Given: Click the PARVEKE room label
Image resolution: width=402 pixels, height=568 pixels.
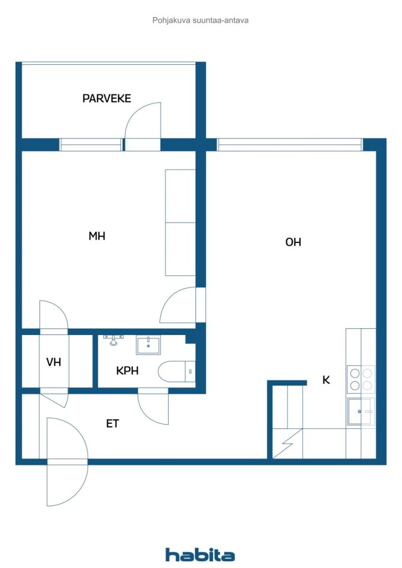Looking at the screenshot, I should [x=107, y=99].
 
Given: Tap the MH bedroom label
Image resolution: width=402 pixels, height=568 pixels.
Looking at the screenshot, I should [x=97, y=236].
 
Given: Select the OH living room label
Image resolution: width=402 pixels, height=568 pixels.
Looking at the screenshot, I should [x=293, y=242].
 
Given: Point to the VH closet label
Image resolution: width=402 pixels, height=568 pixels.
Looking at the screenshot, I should [x=53, y=362].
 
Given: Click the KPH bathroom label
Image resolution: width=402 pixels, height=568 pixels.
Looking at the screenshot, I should [x=127, y=371].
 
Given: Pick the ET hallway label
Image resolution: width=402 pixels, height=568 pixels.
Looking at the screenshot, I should [x=113, y=424].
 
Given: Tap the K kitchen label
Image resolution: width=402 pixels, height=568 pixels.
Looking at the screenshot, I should [x=326, y=381].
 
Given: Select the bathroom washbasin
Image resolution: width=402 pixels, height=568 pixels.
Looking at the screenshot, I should [x=148, y=346].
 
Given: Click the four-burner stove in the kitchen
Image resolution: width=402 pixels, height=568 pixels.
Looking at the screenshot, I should [x=360, y=379].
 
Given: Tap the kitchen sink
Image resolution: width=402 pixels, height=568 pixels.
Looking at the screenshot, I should [x=360, y=412].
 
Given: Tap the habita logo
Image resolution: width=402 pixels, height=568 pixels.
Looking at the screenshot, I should [x=200, y=555].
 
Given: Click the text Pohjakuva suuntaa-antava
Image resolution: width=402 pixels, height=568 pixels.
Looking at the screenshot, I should [x=200, y=21].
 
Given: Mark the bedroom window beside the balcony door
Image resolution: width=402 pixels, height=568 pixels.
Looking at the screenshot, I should [x=91, y=145].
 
